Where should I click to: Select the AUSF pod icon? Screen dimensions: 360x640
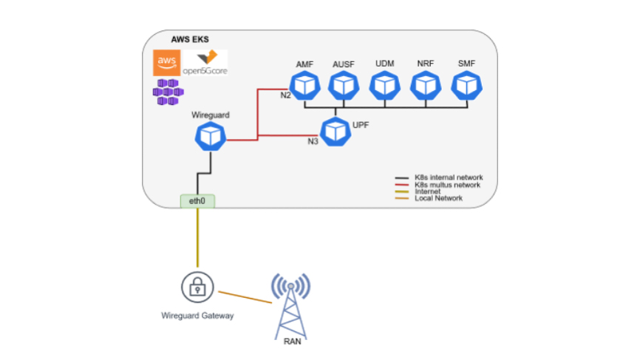click(342, 86)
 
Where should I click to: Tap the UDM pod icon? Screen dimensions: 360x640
click(384, 86)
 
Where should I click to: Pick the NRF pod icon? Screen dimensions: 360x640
click(425, 86)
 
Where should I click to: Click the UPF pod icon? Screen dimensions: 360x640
click(337, 130)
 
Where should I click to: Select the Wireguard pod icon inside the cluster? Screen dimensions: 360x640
click(211, 136)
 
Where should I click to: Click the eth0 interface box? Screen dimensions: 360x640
click(197, 200)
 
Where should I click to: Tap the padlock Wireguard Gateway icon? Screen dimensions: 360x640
click(197, 286)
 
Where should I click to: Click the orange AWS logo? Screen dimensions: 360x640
click(166, 62)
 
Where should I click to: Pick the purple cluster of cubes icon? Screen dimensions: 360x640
click(167, 92)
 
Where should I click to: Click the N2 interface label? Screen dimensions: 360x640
click(285, 97)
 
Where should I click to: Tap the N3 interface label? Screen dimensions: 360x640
click(313, 140)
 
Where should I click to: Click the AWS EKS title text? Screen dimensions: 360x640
click(190, 39)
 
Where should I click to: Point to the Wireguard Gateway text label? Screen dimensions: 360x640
click(197, 316)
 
